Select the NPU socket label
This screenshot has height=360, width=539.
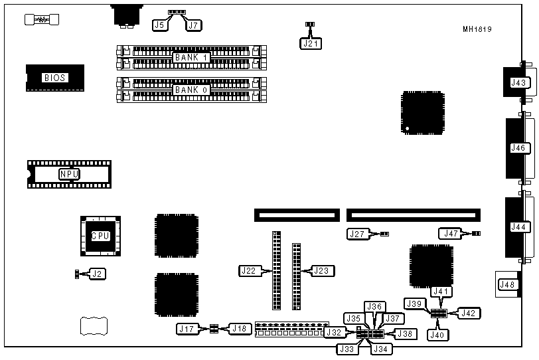tap(69, 175)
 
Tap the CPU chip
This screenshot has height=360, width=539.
tap(100, 236)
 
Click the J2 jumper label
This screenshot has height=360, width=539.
tap(98, 273)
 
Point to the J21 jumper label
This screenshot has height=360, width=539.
tap(310, 44)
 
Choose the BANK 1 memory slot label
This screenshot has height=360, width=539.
tap(192, 58)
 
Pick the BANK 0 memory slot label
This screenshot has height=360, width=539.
tap(192, 90)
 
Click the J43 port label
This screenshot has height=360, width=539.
tap(518, 83)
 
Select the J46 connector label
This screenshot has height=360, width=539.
tap(518, 148)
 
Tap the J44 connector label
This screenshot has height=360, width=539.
tap(518, 226)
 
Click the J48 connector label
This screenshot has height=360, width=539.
tap(507, 285)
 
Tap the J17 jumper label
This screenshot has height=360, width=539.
tap(187, 328)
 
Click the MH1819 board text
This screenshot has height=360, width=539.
tap(477, 29)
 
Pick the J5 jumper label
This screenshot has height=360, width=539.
tap(159, 25)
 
